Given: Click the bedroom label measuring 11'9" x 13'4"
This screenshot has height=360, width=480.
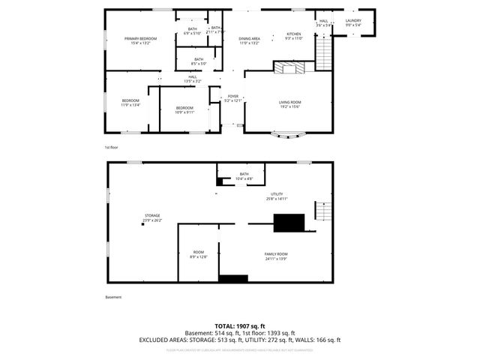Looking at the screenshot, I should [130, 103].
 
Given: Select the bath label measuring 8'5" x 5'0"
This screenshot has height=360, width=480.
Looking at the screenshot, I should [199, 61].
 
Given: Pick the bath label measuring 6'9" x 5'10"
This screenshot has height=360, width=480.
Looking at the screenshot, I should [193, 31].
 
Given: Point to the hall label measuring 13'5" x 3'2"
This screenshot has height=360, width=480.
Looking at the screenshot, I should [193, 79].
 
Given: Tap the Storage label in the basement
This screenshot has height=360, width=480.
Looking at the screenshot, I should [152, 218].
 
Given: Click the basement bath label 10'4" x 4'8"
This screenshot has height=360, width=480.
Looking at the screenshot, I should [244, 176].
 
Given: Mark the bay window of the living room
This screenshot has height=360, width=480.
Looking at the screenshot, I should [288, 136].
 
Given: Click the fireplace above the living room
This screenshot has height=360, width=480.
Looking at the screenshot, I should [289, 68].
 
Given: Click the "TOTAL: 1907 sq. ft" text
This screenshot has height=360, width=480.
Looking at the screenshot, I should [240, 327].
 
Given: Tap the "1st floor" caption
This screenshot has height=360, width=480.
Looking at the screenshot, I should [112, 148].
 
